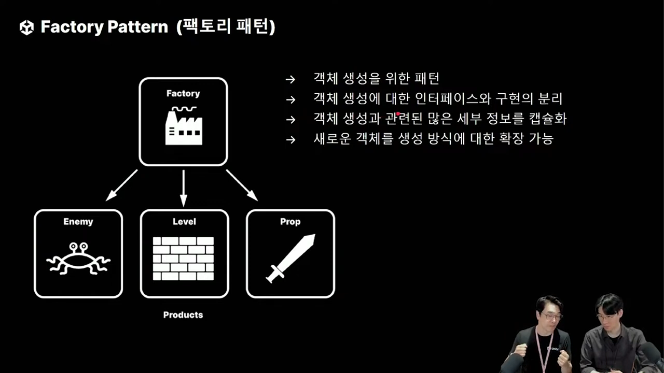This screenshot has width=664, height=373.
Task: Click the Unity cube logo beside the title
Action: [x=26, y=27]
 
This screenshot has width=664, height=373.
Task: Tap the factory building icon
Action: [x=183, y=126]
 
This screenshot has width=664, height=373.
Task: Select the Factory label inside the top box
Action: [x=183, y=94]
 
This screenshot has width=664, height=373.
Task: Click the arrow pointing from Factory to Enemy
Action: [x=122, y=185]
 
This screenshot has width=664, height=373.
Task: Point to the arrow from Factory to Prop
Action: [x=242, y=185]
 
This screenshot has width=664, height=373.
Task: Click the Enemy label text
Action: [x=78, y=222]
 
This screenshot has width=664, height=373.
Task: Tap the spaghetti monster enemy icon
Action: [x=78, y=257]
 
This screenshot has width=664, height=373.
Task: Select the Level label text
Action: [x=184, y=222]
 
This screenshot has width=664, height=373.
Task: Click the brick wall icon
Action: [x=184, y=259]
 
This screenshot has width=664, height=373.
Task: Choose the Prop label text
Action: [x=290, y=222]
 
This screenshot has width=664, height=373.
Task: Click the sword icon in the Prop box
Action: [x=290, y=258]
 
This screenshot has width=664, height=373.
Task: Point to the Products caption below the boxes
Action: [x=183, y=315]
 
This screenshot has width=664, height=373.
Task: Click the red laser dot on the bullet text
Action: [x=398, y=114]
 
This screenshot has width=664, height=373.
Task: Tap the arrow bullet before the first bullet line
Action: [x=290, y=80]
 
